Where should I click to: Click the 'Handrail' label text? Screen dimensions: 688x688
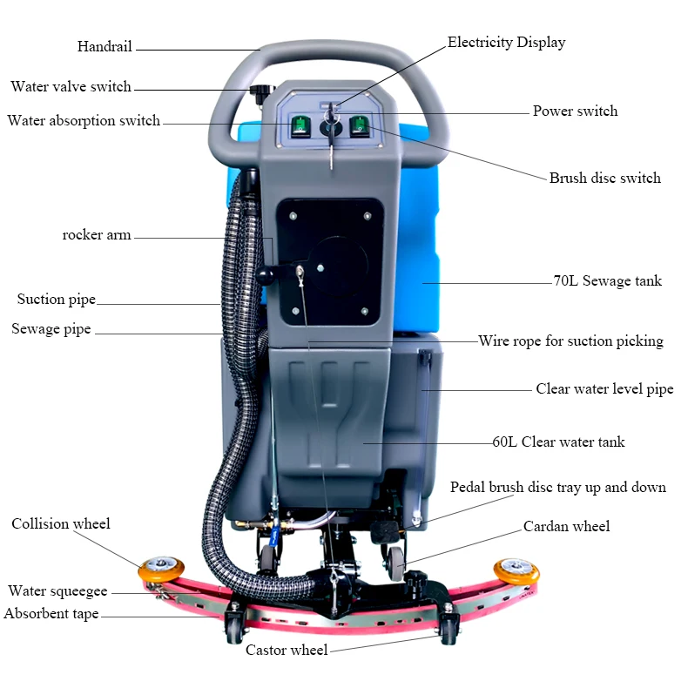click(x=105, y=46)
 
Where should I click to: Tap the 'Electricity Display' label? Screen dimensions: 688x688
click(x=506, y=42)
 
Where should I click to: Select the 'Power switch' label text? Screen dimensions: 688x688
click(x=575, y=111)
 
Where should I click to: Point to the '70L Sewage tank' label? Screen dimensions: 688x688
click(x=608, y=280)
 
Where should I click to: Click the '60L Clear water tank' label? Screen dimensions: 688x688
click(x=558, y=442)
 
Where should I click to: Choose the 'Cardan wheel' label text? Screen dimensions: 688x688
click(x=566, y=526)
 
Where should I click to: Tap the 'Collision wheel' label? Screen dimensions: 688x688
click(x=61, y=523)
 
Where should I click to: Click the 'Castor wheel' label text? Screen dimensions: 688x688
click(x=287, y=650)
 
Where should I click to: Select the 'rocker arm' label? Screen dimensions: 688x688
click(x=97, y=235)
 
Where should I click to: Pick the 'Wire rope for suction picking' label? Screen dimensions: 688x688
click(x=570, y=341)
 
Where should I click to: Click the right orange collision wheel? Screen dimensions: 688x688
click(x=516, y=571)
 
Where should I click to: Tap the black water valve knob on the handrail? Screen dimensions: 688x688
click(x=259, y=91)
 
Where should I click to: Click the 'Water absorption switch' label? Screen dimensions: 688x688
click(x=84, y=120)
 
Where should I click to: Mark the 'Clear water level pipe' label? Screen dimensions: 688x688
click(x=604, y=389)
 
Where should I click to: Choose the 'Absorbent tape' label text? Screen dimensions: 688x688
click(x=51, y=614)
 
